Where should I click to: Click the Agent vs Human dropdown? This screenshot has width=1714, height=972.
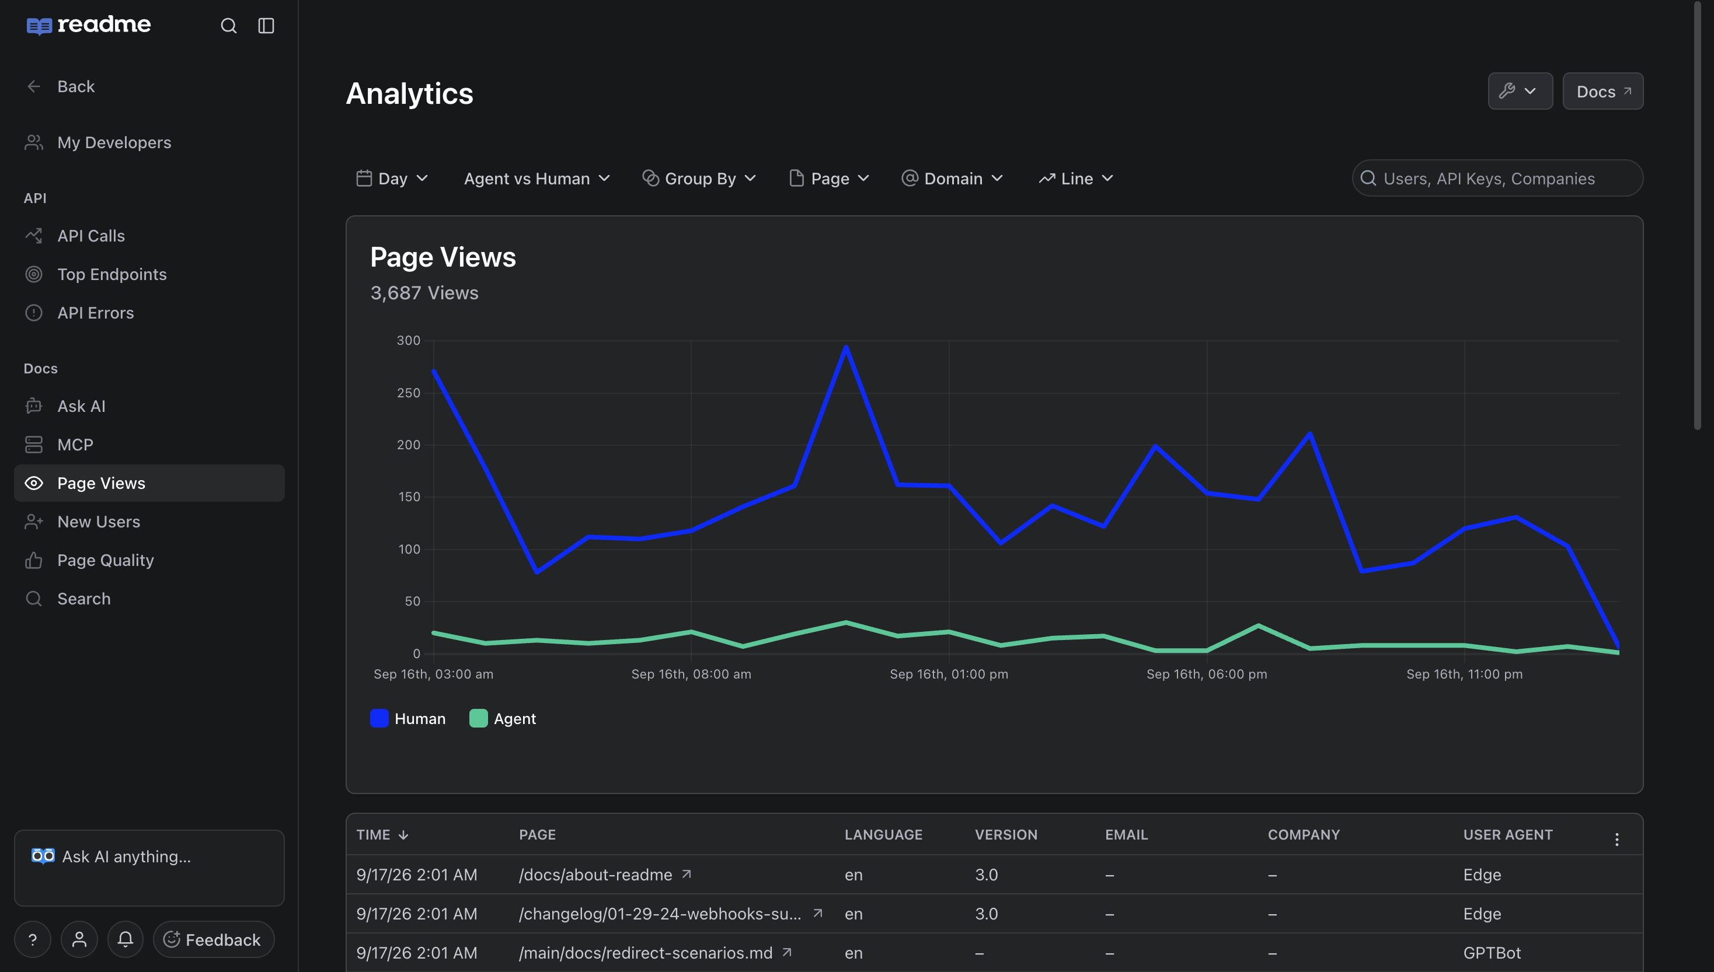[x=537, y=179]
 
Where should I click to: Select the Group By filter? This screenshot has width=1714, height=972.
[x=699, y=179]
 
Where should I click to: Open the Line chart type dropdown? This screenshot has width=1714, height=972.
[x=1076, y=179]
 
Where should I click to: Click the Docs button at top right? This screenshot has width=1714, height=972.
[x=1602, y=91]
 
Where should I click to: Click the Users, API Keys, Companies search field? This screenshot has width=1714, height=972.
[x=1497, y=179]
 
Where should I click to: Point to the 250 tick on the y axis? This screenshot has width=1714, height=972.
[x=408, y=393]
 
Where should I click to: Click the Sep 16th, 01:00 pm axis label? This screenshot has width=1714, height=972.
[x=949, y=674]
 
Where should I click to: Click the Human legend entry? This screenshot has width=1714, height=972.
[x=407, y=718]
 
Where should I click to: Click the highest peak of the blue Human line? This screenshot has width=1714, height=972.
[x=846, y=347]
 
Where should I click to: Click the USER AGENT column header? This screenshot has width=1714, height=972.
[x=1507, y=834]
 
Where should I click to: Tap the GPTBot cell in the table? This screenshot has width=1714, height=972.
[x=1492, y=953]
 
